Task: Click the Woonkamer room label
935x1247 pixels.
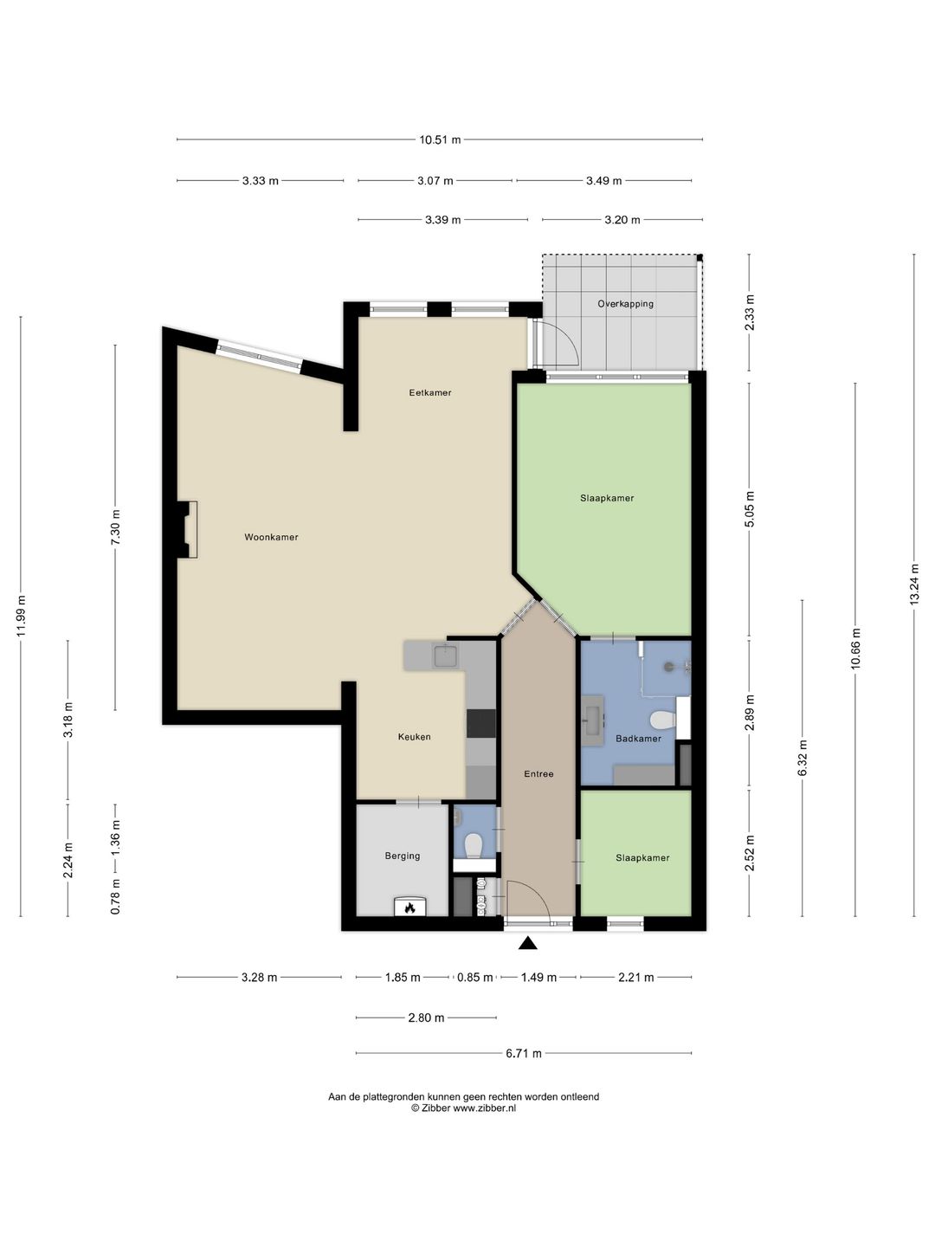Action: pos(271,537)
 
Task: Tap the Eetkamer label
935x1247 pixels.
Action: pos(429,392)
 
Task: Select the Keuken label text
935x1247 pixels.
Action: pos(414,737)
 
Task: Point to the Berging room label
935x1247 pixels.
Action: pos(402,856)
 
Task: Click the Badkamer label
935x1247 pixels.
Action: pos(638,739)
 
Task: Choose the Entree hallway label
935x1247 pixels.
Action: pos(538,774)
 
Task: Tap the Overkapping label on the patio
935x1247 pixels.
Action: pos(625,304)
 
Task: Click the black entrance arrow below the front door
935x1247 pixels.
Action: pos(528,943)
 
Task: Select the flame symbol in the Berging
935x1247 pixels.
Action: pos(409,908)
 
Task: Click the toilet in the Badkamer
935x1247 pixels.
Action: pos(662,720)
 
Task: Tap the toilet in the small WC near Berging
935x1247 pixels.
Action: pos(473,846)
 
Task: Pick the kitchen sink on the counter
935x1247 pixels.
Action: pos(446,656)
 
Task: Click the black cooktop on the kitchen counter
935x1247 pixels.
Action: pos(480,723)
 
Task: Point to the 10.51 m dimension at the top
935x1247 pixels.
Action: pos(440,139)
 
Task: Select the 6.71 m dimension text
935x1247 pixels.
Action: pos(524,1053)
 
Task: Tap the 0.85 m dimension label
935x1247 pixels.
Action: pos(474,977)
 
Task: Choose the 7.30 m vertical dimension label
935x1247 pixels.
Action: pos(115,527)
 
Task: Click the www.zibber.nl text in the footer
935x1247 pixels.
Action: pos(484,1108)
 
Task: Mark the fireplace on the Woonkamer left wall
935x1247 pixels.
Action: pos(187,529)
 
